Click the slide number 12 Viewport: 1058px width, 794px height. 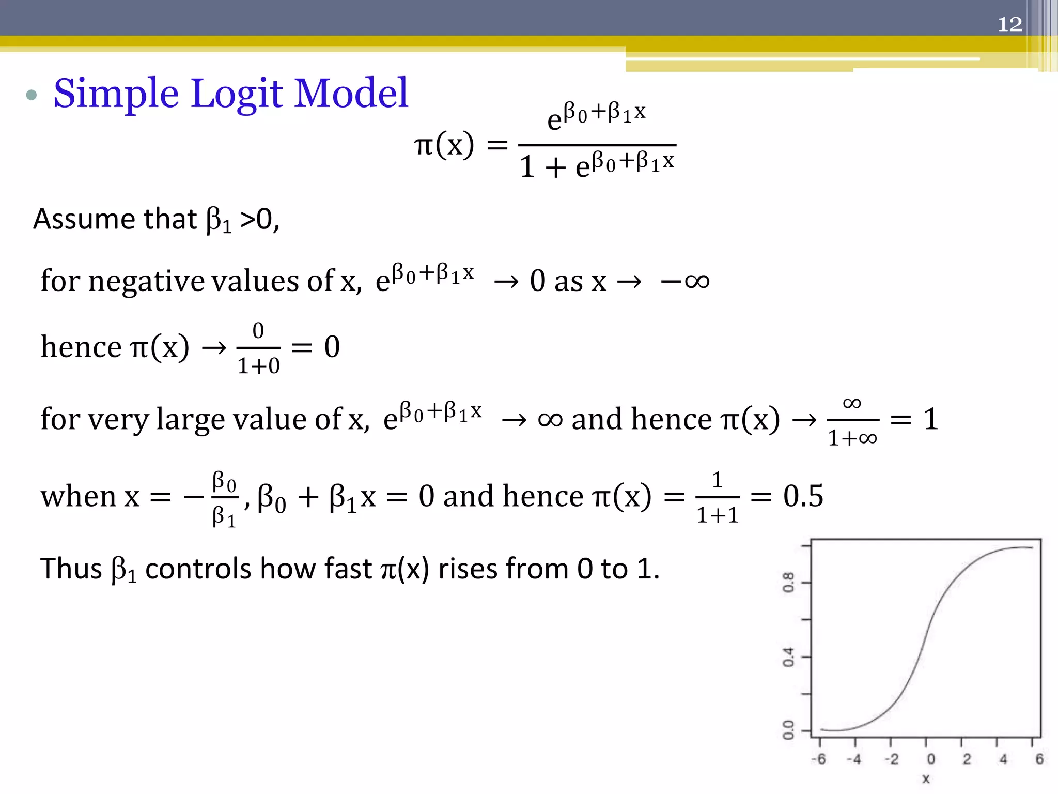tap(1009, 24)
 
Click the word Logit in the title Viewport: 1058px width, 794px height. tap(237, 94)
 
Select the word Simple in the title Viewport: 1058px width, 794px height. tap(116, 94)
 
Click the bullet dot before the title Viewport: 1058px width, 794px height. tap(32, 95)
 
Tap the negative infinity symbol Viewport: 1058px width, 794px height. tap(685, 282)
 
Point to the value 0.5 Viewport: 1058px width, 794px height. tap(803, 496)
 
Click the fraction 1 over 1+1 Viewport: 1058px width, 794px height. tap(718, 497)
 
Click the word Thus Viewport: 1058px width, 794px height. tap(71, 569)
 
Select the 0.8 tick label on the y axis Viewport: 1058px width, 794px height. tap(788, 583)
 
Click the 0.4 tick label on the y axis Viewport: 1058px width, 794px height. tap(788, 657)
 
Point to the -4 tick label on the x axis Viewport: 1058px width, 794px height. tap(854, 759)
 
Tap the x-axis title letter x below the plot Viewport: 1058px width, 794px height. tap(926, 779)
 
